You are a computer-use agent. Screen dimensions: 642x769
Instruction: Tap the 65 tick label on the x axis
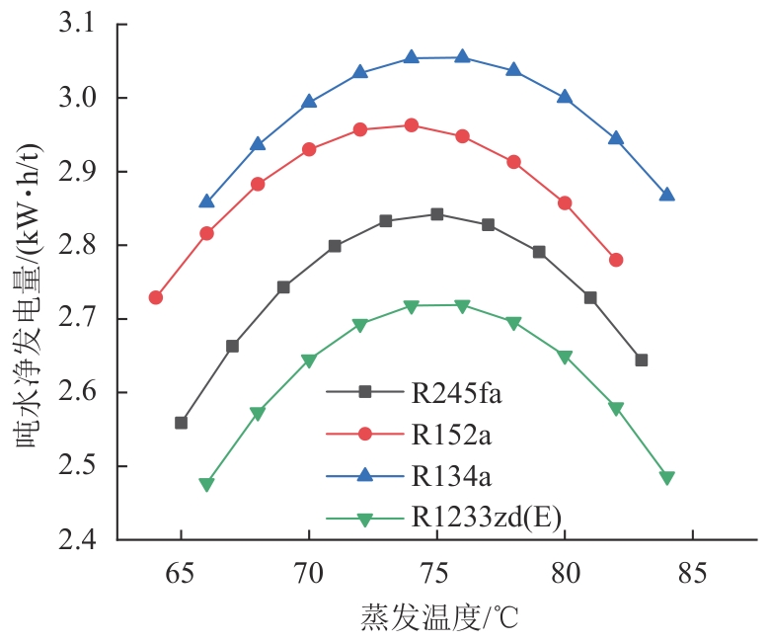tap(181, 570)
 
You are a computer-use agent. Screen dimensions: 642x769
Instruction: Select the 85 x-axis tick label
tap(692, 570)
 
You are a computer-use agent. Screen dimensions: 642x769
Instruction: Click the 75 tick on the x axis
tap(436, 570)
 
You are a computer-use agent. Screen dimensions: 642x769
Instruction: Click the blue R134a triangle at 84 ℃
tap(666, 195)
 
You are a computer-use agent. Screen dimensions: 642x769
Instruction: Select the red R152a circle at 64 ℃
tap(156, 297)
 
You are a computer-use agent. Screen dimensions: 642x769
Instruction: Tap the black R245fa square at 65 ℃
tap(181, 423)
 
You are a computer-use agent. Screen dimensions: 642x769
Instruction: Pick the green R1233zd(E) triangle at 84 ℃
tap(666, 478)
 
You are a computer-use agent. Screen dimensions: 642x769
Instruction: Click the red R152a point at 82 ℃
tap(616, 260)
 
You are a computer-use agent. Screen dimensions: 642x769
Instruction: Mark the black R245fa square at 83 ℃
tap(641, 360)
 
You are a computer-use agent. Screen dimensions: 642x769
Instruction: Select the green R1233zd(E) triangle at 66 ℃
tap(206, 485)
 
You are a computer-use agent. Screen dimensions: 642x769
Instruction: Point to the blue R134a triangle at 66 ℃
tap(206, 201)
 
